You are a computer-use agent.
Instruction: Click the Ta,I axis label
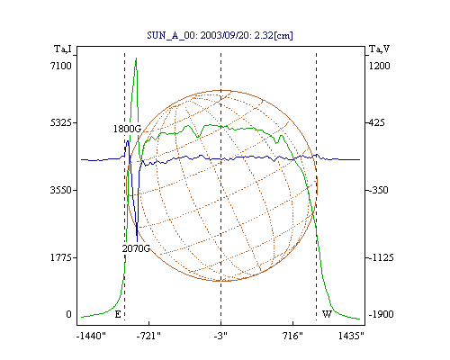tap(63, 49)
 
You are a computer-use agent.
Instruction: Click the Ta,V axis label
tap(379, 49)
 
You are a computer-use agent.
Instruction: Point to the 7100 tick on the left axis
tap(61, 66)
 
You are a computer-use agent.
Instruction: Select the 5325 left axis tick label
tap(61, 122)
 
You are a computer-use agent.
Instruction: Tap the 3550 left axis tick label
tap(61, 190)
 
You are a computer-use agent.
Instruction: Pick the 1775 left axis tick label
tap(61, 257)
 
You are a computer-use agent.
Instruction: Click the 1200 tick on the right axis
tap(379, 66)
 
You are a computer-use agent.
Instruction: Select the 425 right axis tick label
tap(376, 122)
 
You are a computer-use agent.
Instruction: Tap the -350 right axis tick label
tap(379, 190)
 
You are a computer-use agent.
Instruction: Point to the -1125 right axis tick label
tap(382, 257)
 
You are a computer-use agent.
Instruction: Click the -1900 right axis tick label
tap(382, 314)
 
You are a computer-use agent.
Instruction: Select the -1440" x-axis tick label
tap(91, 337)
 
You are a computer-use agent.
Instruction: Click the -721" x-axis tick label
tap(148, 337)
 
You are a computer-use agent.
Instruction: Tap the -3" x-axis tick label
tap(220, 337)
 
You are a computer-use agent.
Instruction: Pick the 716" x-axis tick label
tap(292, 337)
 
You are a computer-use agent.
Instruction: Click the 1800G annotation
tap(127, 129)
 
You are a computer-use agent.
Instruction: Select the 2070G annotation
tap(136, 248)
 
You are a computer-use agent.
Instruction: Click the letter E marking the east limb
tap(118, 314)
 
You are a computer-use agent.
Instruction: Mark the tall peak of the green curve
tap(136, 58)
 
